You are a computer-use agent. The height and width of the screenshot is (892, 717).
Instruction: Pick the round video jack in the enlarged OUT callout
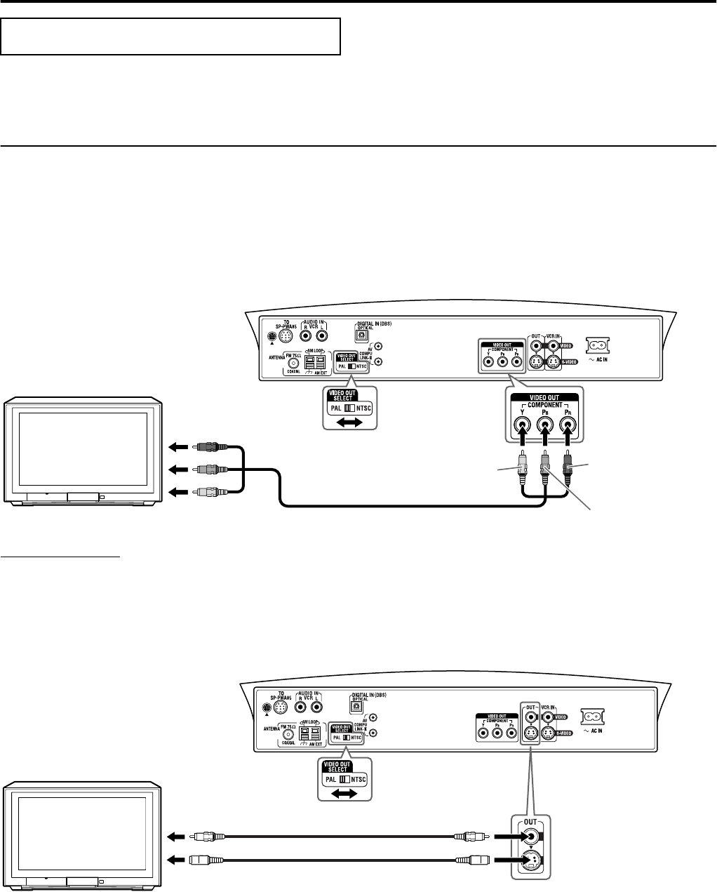coord(534,836)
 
